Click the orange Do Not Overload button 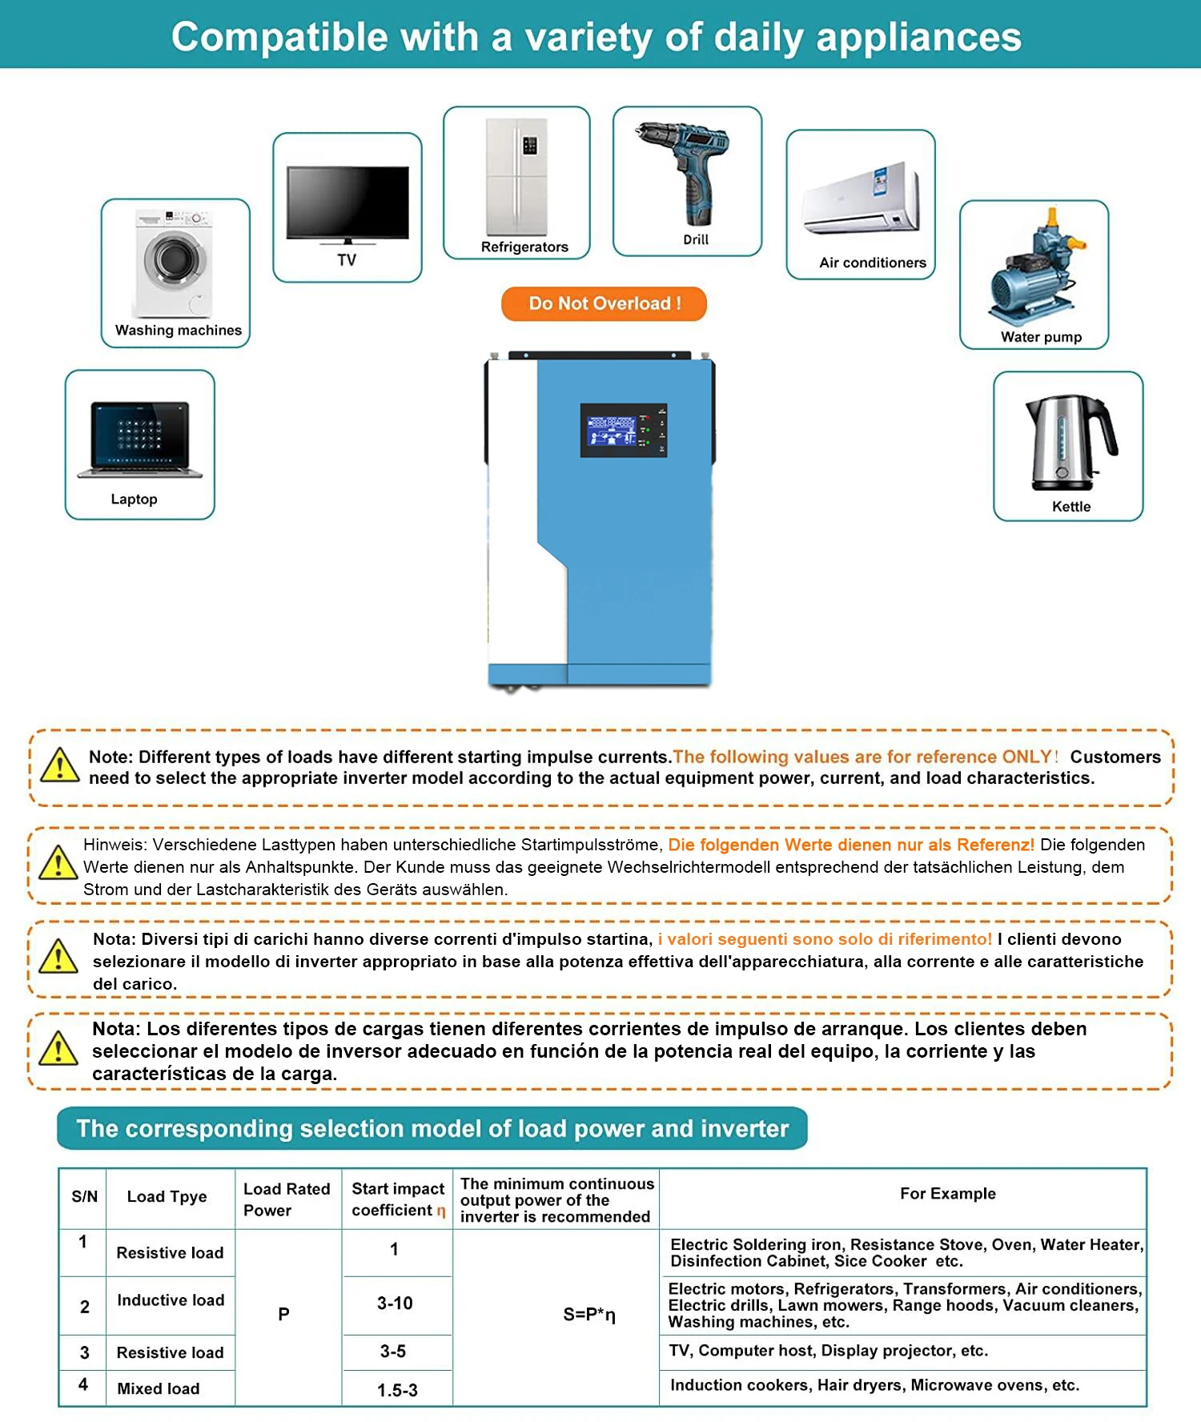(604, 303)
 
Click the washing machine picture (174, 263)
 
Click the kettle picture (1070, 441)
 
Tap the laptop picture (140, 440)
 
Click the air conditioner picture (862, 199)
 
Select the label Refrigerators (524, 247)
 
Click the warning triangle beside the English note (60, 765)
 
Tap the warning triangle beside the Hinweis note (58, 862)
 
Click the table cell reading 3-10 (396, 1303)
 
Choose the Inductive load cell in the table (171, 1300)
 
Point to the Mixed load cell (159, 1388)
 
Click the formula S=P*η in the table (588, 1314)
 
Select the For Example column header (947, 1194)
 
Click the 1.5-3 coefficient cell (397, 1390)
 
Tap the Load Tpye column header (167, 1196)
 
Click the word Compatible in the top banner (279, 38)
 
